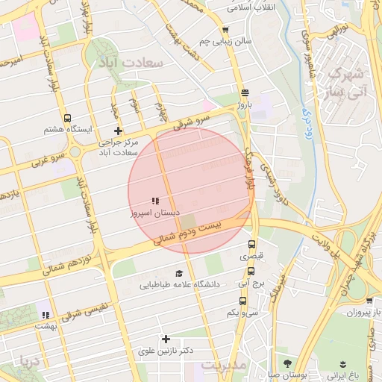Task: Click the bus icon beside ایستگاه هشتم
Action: [68, 118]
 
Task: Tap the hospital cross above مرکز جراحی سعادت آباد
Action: [117, 131]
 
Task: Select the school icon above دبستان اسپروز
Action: [155, 201]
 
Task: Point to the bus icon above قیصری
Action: [251, 244]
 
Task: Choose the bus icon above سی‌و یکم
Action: [242, 301]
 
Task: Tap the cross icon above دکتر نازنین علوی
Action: [166, 339]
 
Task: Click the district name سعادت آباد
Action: [135, 63]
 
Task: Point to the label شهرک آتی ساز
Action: [348, 83]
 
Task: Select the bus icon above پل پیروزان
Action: [357, 300]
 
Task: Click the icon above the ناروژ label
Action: [245, 94]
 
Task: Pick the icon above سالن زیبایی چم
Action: [225, 30]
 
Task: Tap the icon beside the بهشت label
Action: [46, 315]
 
